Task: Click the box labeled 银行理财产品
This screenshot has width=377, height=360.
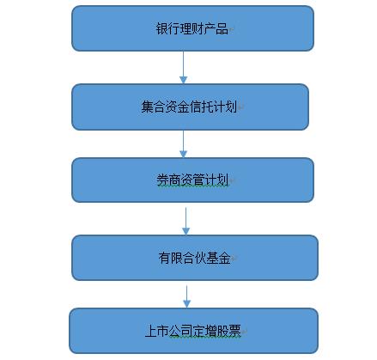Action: (192, 28)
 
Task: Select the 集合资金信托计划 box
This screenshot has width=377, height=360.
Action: (190, 107)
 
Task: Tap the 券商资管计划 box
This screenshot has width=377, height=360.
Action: (192, 180)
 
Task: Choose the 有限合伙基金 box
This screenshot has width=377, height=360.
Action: (195, 258)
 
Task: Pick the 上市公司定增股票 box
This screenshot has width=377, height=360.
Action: (193, 331)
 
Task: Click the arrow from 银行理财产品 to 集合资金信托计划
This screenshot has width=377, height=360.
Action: (183, 68)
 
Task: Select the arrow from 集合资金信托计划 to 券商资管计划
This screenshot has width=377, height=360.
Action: (183, 143)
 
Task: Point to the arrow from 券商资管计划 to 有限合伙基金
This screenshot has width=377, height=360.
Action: (185, 222)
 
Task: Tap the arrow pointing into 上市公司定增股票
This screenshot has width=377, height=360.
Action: (186, 296)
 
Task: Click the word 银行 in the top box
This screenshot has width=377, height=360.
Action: (167, 28)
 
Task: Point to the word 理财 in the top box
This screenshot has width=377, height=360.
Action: (192, 28)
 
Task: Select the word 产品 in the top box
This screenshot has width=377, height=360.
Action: (216, 28)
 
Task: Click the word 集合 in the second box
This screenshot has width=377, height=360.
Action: (153, 107)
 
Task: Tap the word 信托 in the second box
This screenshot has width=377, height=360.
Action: (201, 107)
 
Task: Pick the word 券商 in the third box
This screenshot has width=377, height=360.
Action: (168, 180)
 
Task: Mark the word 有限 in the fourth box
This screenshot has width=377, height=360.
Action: (170, 258)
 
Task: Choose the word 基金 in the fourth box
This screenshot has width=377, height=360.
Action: (218, 258)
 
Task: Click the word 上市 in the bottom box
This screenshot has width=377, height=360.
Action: (157, 331)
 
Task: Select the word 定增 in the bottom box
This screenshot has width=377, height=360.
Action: (205, 331)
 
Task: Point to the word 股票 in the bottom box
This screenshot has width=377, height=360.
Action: (229, 331)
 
